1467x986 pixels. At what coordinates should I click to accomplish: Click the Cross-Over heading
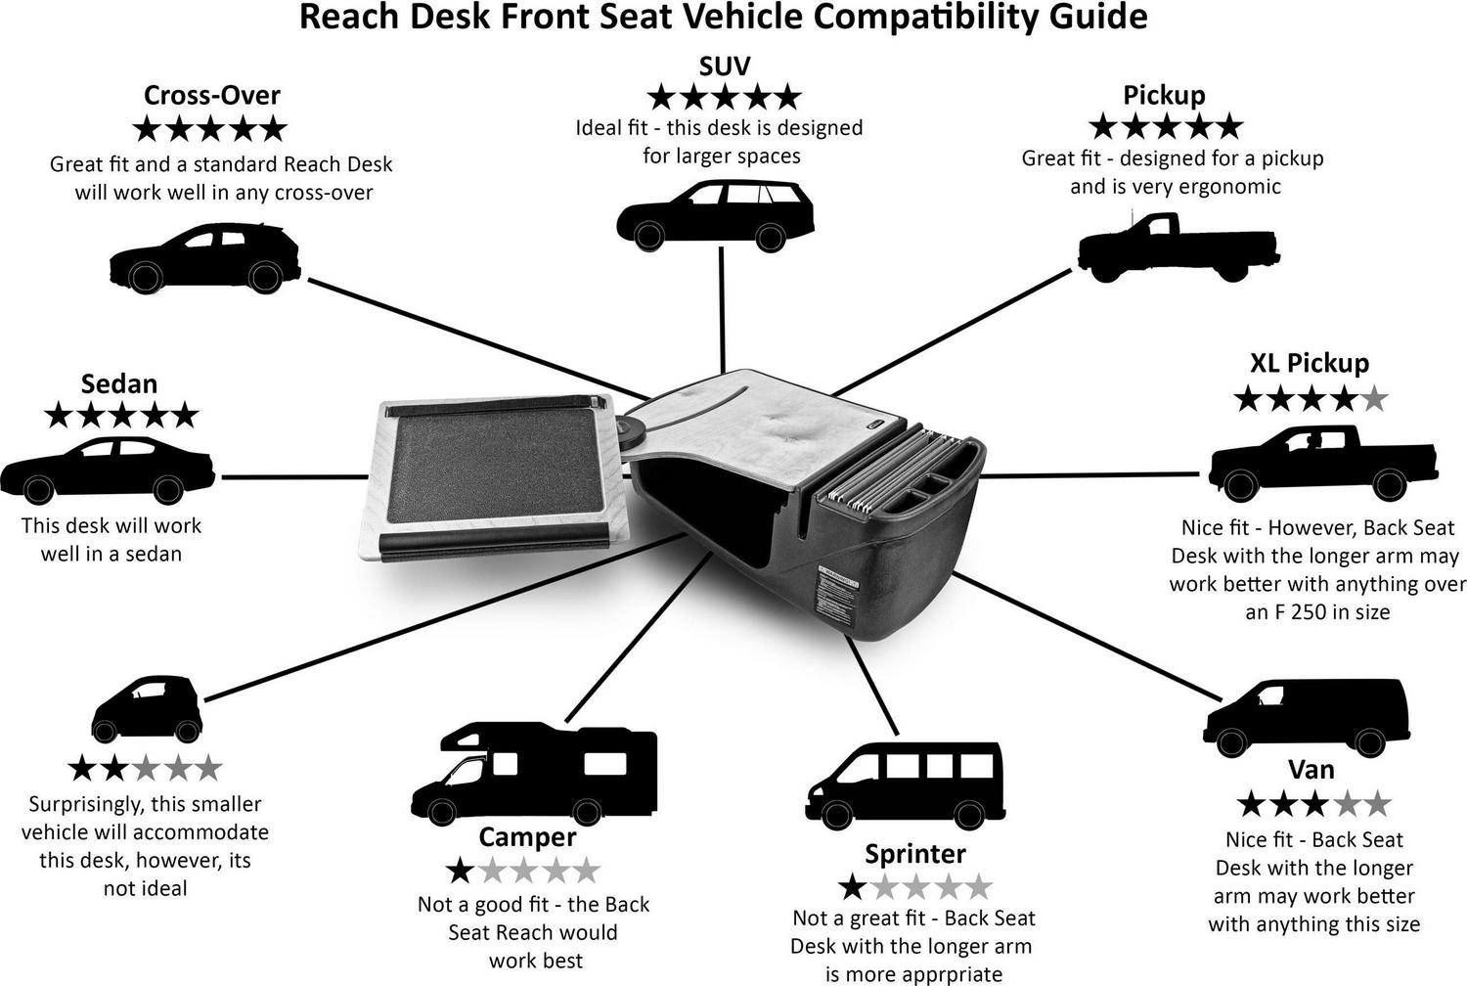click(x=211, y=95)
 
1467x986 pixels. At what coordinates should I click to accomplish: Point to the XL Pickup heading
click(x=1309, y=363)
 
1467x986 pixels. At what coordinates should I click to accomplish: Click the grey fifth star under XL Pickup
click(x=1374, y=399)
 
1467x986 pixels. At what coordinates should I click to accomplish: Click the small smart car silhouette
click(x=147, y=707)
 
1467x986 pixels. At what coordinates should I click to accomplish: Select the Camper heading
click(x=527, y=837)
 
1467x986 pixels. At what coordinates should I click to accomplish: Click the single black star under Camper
click(x=459, y=870)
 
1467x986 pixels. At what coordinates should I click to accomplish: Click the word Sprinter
click(x=915, y=854)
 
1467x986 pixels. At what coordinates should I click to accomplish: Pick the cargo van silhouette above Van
click(x=1307, y=717)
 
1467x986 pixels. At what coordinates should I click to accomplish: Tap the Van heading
click(x=1311, y=770)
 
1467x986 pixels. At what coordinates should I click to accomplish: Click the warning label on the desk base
click(x=837, y=591)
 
